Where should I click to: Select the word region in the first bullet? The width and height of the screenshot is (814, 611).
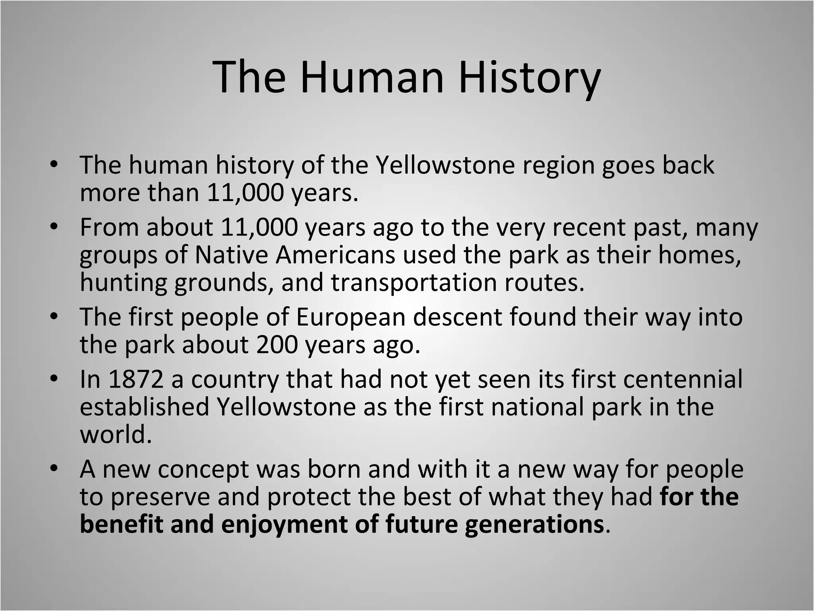click(x=558, y=165)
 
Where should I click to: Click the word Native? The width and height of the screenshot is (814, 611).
click(x=231, y=255)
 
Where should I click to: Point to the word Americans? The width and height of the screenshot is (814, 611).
click(x=335, y=255)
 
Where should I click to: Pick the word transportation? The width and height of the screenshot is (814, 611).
click(x=413, y=282)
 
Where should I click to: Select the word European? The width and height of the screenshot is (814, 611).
click(x=350, y=317)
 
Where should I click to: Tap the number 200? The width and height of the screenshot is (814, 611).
click(x=277, y=344)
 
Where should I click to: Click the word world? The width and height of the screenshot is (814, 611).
click(x=116, y=434)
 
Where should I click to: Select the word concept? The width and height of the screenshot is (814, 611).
click(x=203, y=470)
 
